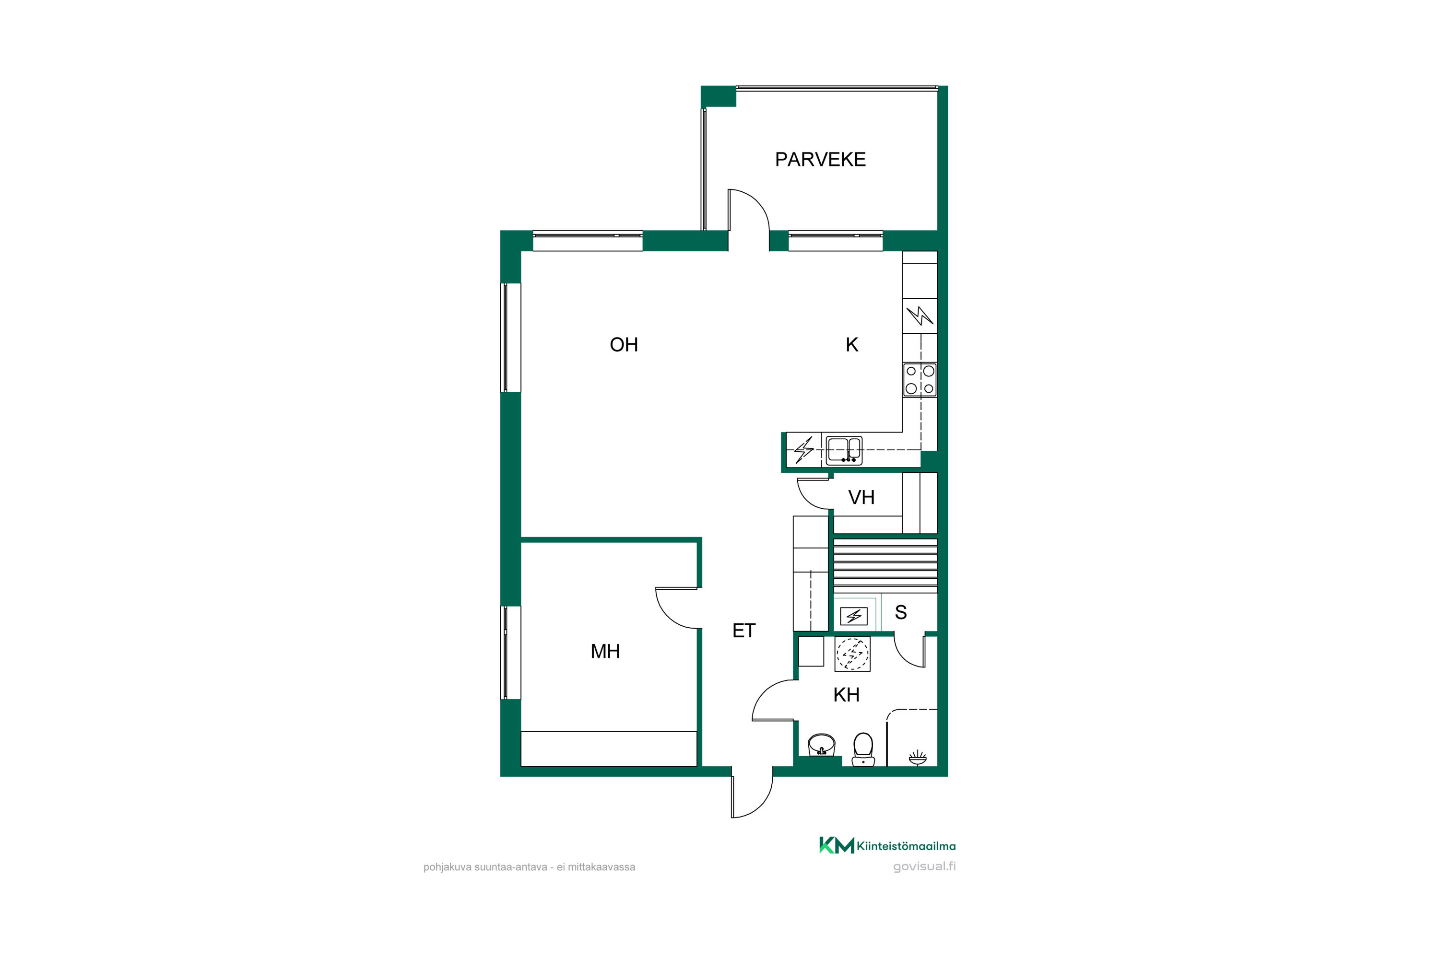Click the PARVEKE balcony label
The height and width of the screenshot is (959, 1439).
click(x=820, y=160)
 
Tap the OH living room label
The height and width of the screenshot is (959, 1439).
click(x=624, y=345)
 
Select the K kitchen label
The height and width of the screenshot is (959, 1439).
click(x=852, y=345)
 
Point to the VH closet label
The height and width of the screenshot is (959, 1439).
click(x=861, y=497)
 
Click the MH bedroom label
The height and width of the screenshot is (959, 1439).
click(x=605, y=651)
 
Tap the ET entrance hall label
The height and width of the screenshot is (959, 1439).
click(x=744, y=631)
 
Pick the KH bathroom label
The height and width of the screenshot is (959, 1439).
click(x=846, y=695)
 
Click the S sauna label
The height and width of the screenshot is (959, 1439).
click(x=901, y=612)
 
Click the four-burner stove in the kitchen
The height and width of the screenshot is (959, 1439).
click(x=920, y=380)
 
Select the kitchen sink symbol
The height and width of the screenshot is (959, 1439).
click(x=844, y=450)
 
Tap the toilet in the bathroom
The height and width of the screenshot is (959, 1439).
click(x=862, y=749)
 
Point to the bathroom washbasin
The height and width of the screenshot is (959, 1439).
click(x=821, y=746)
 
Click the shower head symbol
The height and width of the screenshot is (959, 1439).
click(x=917, y=759)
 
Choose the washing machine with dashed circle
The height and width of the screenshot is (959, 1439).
click(x=852, y=654)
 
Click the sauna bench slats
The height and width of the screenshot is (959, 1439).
click(x=885, y=565)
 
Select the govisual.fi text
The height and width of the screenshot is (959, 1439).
click(x=924, y=866)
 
